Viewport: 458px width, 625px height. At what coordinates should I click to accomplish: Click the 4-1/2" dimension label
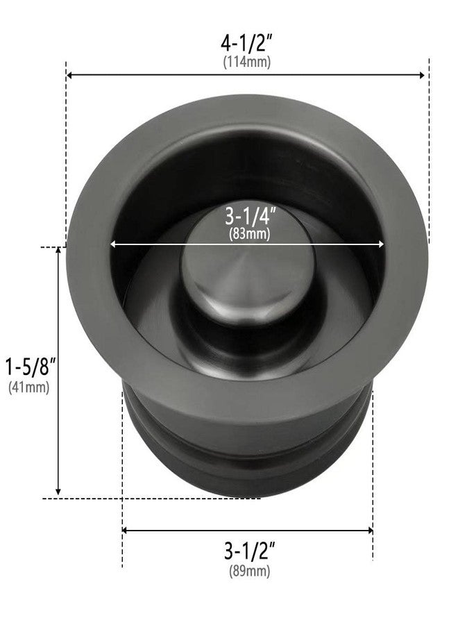point(247,42)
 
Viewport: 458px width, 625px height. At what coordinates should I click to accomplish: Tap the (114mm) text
point(247,62)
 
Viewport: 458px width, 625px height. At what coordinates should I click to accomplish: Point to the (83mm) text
point(248,234)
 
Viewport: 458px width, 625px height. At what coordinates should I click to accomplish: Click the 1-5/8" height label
point(28,366)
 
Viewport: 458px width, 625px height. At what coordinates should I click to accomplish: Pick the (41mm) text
point(28,388)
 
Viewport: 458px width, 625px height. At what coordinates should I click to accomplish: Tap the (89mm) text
point(249,572)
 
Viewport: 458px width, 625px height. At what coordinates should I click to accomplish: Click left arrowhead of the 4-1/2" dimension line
point(70,75)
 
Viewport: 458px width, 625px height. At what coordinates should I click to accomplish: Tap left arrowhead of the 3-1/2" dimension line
point(126,531)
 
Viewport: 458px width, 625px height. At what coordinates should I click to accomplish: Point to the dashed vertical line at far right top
point(429,139)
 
